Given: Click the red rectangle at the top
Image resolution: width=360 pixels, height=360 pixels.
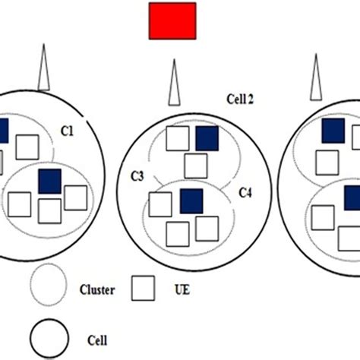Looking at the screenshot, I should tap(172, 20).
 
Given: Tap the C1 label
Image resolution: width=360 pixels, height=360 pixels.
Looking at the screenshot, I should tap(67, 131).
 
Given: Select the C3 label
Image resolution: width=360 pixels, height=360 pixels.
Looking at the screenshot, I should tap(137, 176).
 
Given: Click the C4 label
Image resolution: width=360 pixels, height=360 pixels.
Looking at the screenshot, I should tap(246, 193).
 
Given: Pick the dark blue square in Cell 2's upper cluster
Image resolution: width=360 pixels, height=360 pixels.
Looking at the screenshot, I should tap(207, 138).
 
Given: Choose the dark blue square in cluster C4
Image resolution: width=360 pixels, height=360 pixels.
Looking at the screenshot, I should tap(191, 201).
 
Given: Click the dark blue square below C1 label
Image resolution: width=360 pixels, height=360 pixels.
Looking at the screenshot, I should tap(49, 181).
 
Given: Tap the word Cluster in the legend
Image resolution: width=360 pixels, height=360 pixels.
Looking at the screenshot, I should tap(97, 289).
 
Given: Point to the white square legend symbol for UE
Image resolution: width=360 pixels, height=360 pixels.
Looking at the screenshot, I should tap(144, 288).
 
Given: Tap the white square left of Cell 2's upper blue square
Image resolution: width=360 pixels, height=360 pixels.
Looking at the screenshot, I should tap(178, 138).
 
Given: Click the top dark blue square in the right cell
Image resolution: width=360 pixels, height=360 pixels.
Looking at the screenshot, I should tap(333, 131).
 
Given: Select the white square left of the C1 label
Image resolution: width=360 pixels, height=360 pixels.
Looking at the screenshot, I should tap(28, 146).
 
